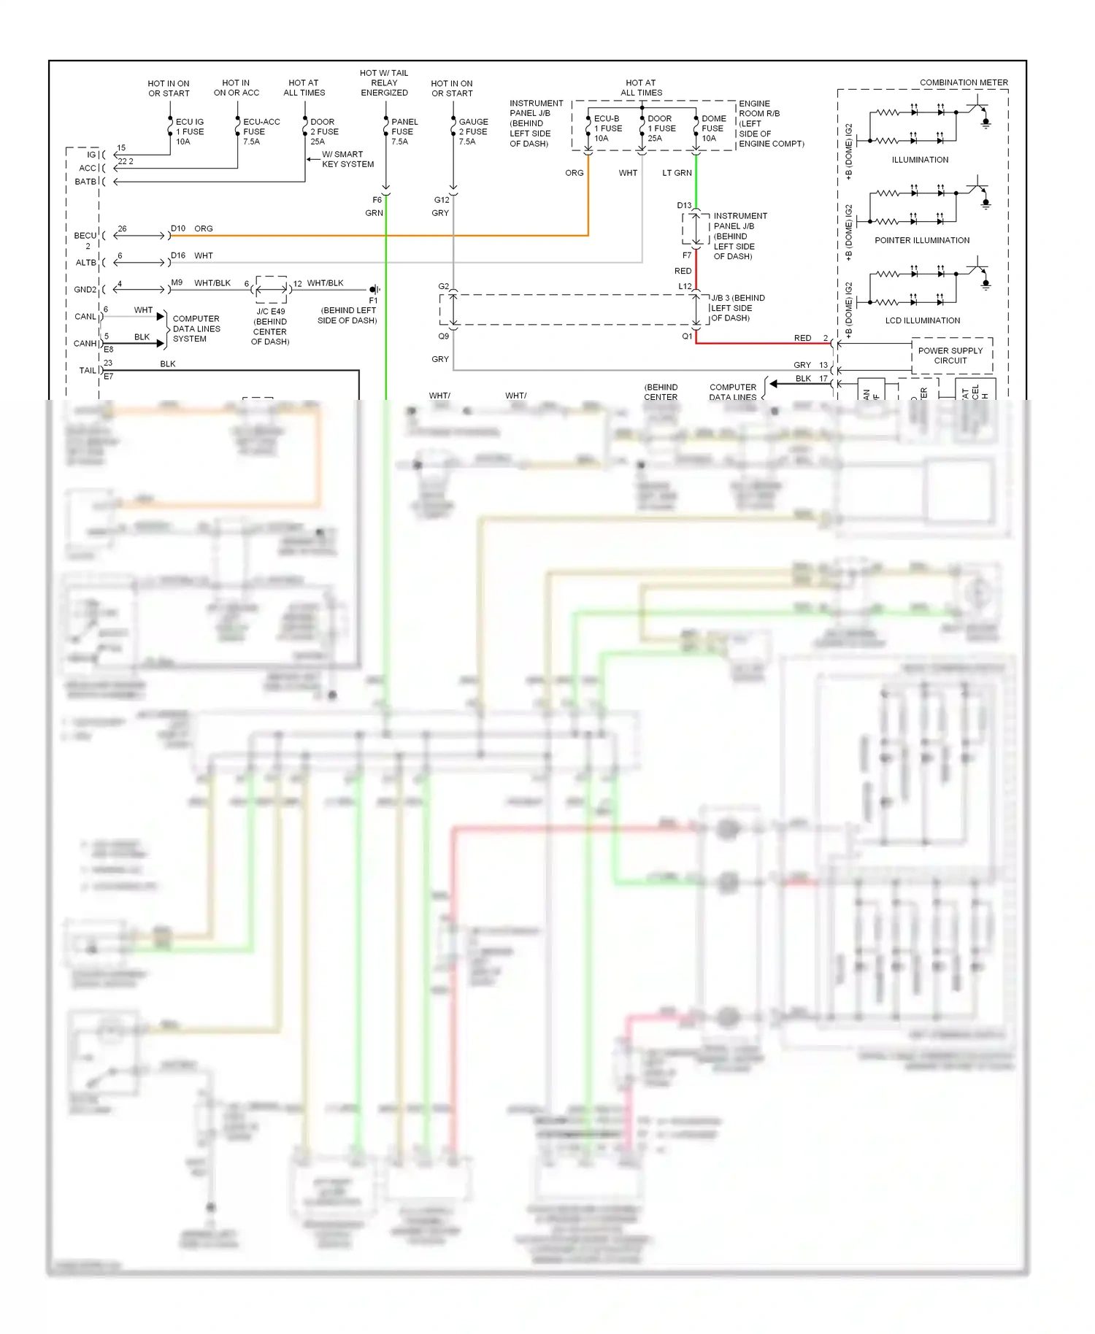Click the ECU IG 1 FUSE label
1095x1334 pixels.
[x=190, y=132]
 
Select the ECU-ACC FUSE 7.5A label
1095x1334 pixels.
[x=261, y=132]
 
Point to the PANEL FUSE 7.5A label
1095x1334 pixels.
[x=404, y=132]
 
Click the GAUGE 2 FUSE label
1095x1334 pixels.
[x=473, y=132]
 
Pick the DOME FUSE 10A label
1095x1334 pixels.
[x=713, y=128]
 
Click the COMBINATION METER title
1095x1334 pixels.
[x=963, y=82]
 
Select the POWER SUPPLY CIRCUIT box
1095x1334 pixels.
[x=951, y=355]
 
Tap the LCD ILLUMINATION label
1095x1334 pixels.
[x=922, y=320]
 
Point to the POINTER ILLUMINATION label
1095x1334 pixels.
[x=922, y=240]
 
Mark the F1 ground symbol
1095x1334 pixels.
[x=374, y=290]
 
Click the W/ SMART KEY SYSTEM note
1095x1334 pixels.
[x=347, y=159]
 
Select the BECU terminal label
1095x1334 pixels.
[x=85, y=236]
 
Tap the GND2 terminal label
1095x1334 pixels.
[x=85, y=290]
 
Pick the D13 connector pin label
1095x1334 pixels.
[x=684, y=206]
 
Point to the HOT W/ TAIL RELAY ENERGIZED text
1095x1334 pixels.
[x=384, y=82]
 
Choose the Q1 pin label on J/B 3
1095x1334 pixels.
[x=687, y=336]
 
